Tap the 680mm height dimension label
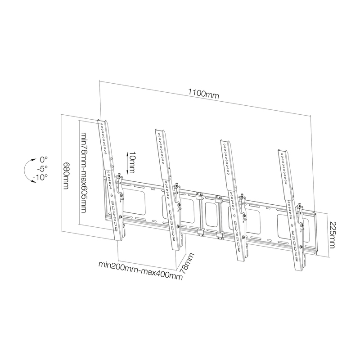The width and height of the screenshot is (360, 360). (x=66, y=176)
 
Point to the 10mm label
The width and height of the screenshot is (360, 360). (x=132, y=162)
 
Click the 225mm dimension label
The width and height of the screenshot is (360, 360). (x=332, y=234)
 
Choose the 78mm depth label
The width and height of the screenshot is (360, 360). (x=187, y=263)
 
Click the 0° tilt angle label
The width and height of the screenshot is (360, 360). (x=44, y=159)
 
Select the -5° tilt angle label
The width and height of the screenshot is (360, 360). (x=42, y=168)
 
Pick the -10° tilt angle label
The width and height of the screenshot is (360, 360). (x=40, y=177)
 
